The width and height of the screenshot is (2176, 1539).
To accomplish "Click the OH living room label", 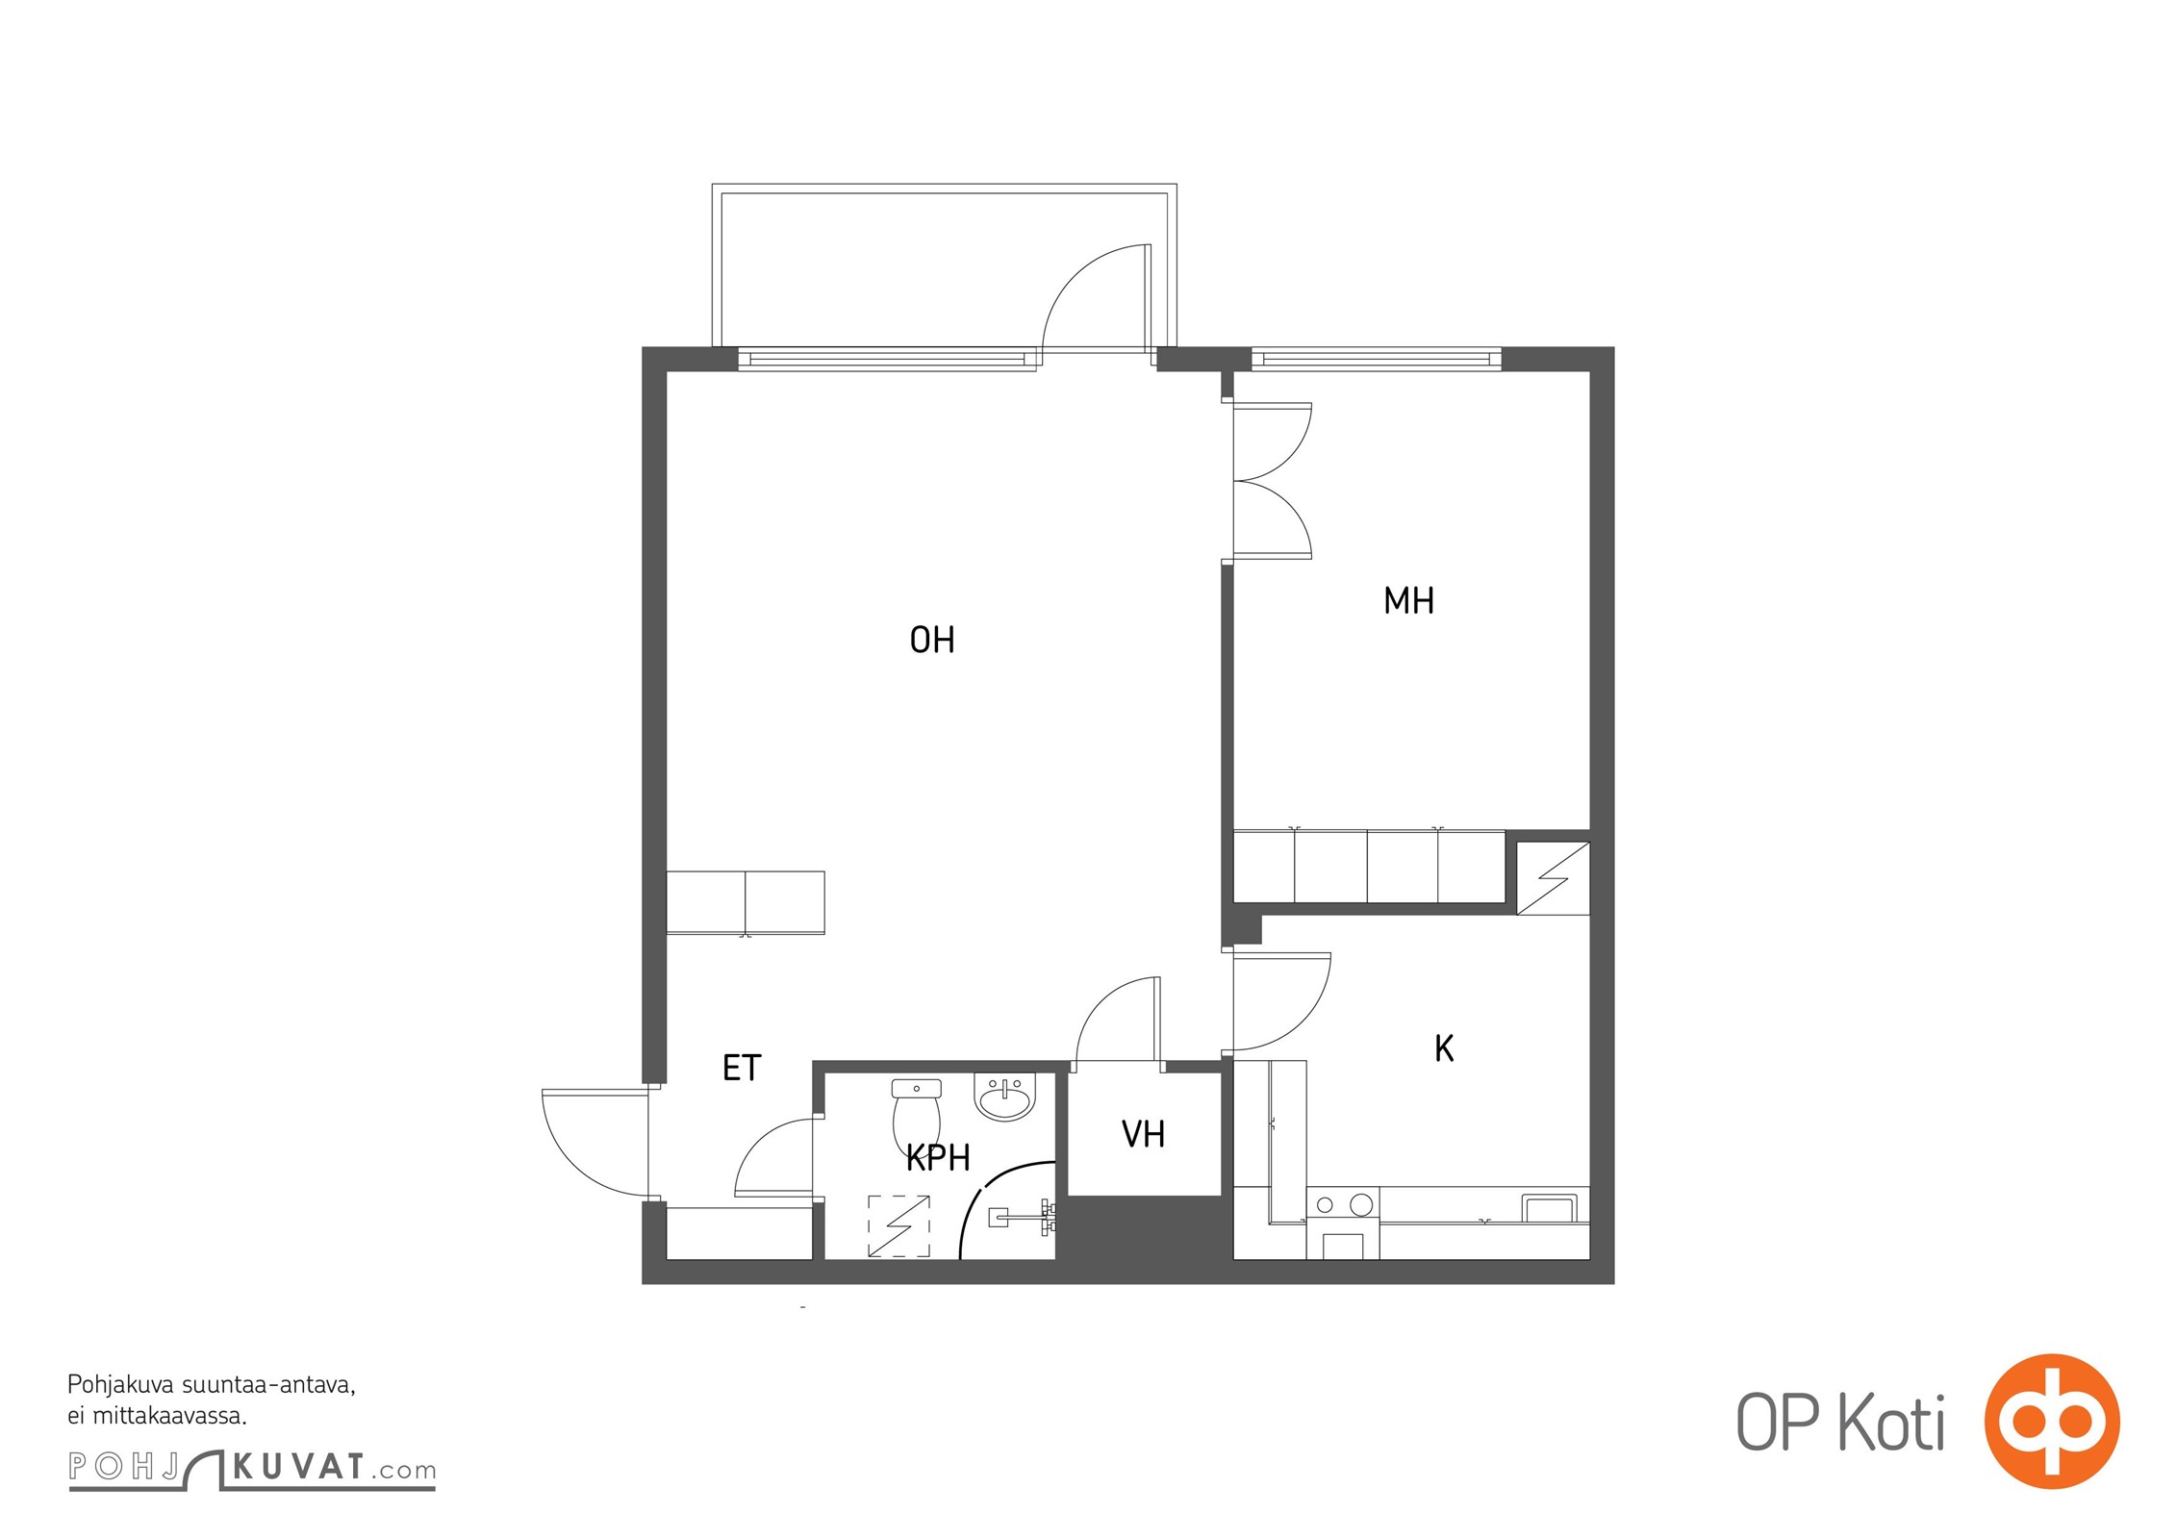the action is point(931,640).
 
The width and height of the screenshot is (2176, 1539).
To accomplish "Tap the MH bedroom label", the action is point(1408,600).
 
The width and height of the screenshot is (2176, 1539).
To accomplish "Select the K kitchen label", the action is point(1444,1048).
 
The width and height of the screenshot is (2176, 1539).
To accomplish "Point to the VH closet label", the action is point(1143,1135).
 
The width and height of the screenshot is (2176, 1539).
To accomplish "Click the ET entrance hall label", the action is point(742,1068).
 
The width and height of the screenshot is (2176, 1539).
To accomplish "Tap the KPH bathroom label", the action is point(938,1158).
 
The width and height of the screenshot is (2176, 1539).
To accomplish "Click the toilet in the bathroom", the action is point(917,1115).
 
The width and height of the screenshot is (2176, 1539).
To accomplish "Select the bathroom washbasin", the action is point(1005,1097).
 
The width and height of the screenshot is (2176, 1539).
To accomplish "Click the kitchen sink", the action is point(1549,1207).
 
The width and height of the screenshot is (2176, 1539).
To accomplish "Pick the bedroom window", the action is point(1377,360).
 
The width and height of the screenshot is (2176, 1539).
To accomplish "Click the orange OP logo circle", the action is point(2052,1421).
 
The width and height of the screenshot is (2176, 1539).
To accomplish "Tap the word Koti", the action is point(1891,1423).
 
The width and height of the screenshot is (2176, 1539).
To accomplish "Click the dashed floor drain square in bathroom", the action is point(898,1226).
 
